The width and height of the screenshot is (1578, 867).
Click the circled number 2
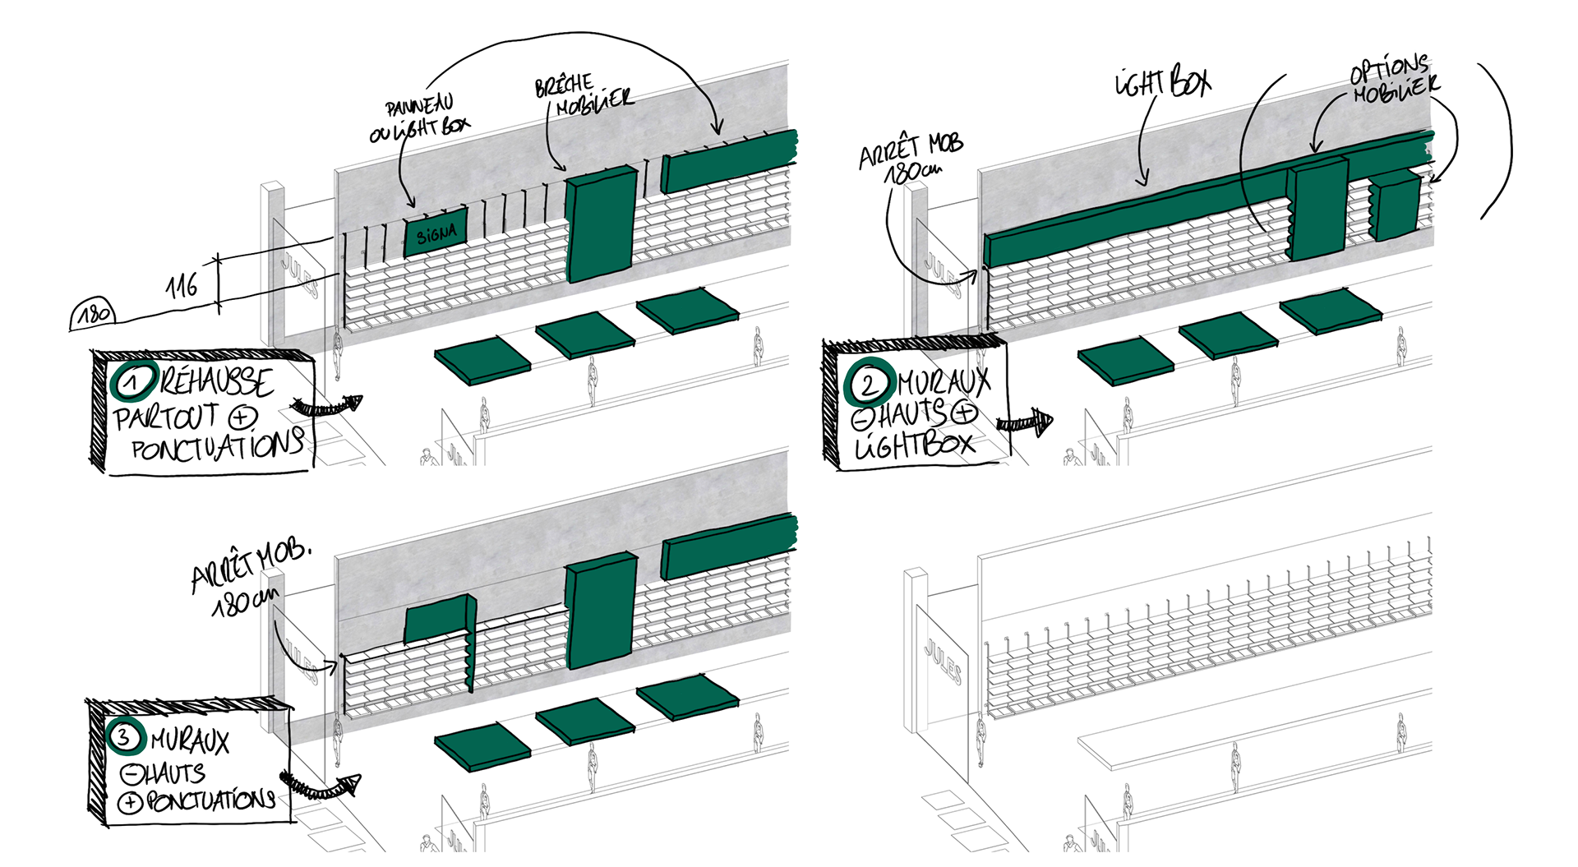(x=868, y=384)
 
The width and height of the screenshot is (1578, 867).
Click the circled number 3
(x=124, y=736)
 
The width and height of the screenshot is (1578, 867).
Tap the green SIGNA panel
(x=436, y=233)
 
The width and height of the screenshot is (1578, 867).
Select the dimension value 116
(x=182, y=286)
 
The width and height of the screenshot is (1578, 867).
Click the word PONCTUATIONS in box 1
(x=217, y=447)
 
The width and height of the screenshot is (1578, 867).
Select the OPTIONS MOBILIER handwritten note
(x=1392, y=80)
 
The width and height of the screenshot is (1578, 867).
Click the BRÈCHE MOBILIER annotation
(x=583, y=95)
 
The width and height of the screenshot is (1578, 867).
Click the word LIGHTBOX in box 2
(x=914, y=445)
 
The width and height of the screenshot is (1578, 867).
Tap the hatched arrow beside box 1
(x=328, y=406)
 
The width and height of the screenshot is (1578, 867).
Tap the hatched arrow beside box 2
(x=1024, y=422)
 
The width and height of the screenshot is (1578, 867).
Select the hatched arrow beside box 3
(x=322, y=787)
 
